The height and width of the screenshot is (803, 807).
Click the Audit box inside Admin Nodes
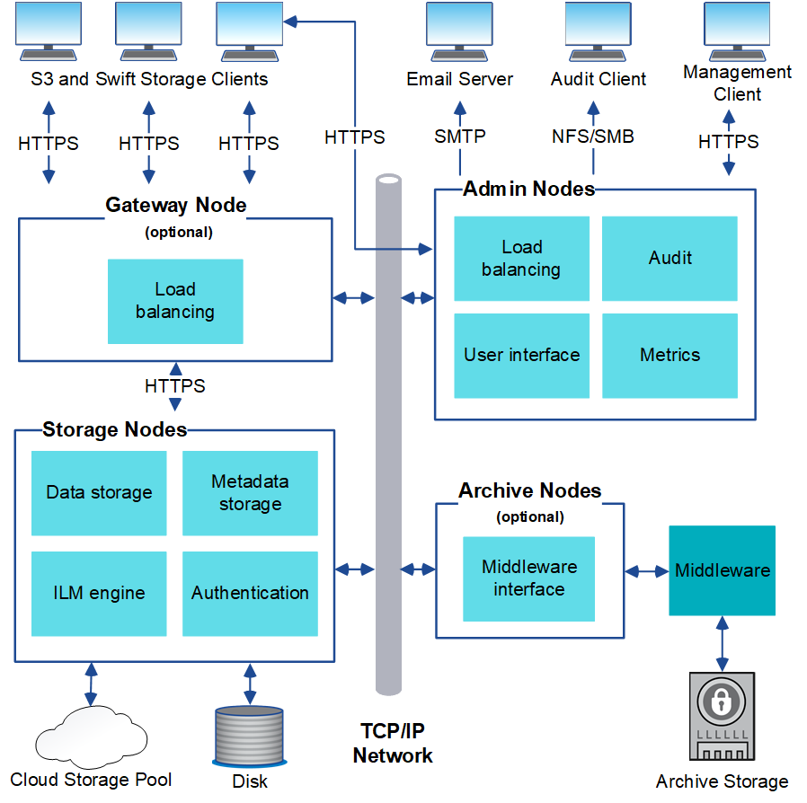pos(670,259)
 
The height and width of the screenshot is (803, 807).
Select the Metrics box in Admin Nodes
pos(670,356)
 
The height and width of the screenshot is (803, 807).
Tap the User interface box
pos(521,356)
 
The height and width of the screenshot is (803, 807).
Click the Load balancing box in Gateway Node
pos(175,301)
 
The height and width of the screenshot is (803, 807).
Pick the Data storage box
pos(99,493)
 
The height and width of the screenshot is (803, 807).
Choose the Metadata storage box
pos(250,493)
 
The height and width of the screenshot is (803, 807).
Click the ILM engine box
pos(99,593)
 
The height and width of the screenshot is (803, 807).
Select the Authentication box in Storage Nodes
pos(250,593)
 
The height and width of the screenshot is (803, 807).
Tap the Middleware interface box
pos(528,578)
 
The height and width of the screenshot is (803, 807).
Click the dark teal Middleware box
pos(722,570)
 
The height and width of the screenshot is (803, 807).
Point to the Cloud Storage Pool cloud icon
pos(90,735)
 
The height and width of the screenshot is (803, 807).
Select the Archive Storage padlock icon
pos(722,714)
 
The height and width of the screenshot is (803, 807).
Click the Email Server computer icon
pos(459,31)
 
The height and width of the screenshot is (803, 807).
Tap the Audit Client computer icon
pos(598,31)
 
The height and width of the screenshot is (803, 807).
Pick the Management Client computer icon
pos(737,31)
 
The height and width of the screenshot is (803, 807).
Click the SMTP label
pos(459,137)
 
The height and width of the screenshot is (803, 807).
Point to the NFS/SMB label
pos(592,137)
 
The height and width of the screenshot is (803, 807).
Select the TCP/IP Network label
pos(393,744)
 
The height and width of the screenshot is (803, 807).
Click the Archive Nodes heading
pos(529,491)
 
